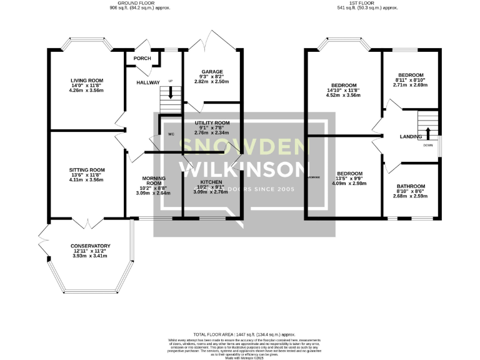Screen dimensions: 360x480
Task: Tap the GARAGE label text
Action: tap(212, 72)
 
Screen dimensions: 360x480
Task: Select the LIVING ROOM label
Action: tap(86, 80)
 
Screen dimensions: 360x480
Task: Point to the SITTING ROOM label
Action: tap(87, 170)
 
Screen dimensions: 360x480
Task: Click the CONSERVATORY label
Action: tap(91, 246)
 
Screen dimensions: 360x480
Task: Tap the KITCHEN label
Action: tap(209, 181)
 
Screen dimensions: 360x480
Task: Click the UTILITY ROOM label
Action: tap(212, 123)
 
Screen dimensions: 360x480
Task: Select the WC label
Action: tap(171, 134)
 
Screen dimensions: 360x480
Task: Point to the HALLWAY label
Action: tap(148, 82)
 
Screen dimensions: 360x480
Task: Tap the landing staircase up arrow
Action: tap(427, 132)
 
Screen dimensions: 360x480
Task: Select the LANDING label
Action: tap(411, 136)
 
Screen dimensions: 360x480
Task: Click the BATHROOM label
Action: tap(411, 186)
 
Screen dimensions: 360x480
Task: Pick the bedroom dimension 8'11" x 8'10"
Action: tap(411, 80)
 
